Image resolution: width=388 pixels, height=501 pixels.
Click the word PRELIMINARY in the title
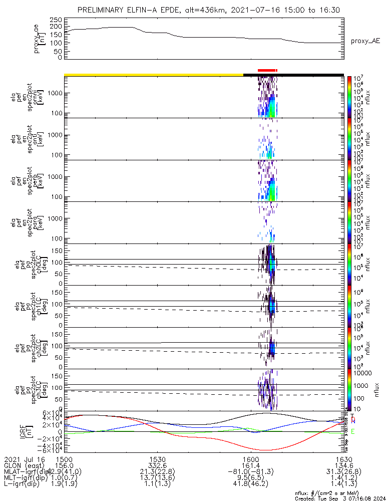(x=102, y=10)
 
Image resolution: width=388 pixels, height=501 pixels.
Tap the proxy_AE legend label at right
(x=365, y=41)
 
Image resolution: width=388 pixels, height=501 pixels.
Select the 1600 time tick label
(x=250, y=459)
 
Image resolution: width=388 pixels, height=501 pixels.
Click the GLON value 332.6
(x=157, y=465)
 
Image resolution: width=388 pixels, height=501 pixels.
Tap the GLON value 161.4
(x=250, y=465)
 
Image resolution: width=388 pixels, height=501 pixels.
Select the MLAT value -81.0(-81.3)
(x=250, y=471)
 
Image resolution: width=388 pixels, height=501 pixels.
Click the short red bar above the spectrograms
(x=266, y=71)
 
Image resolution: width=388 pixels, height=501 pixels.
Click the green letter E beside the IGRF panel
(x=353, y=431)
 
